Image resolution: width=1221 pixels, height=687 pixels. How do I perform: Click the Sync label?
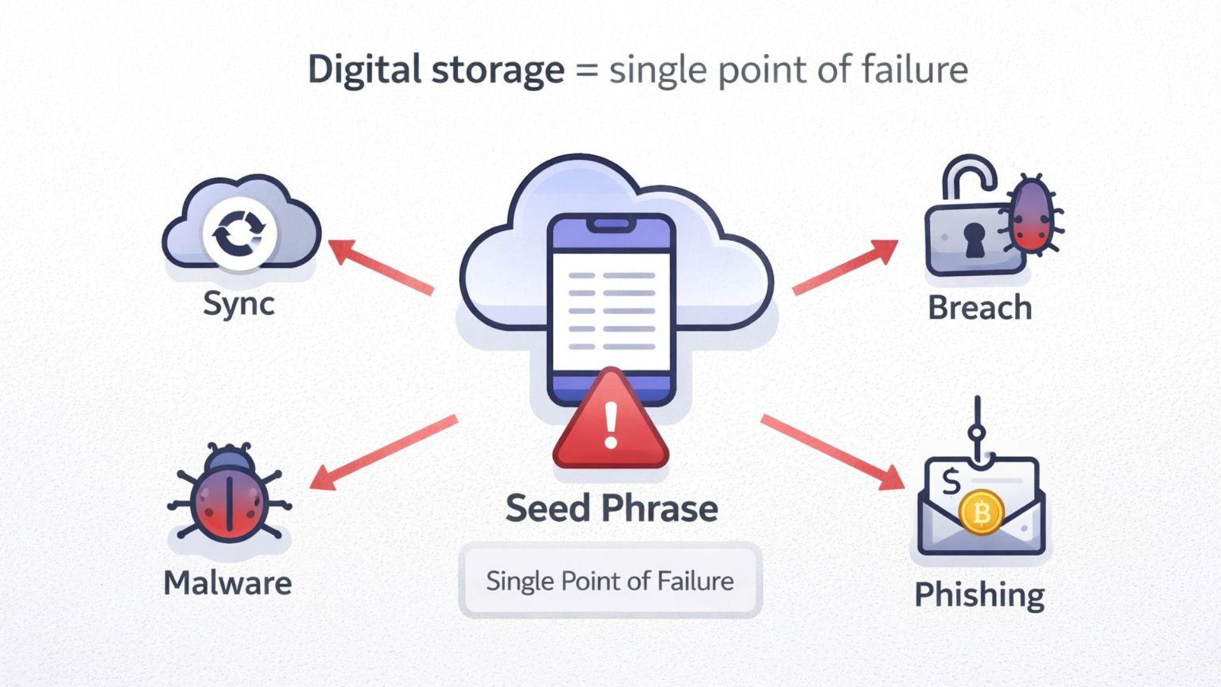[238, 304]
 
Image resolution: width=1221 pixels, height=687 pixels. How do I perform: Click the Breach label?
[979, 308]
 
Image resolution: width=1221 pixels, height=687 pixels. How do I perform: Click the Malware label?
[228, 583]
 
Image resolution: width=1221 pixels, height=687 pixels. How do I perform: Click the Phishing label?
[979, 595]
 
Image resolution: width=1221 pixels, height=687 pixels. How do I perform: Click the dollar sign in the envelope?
[951, 482]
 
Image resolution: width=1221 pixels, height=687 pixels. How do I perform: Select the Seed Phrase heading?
[612, 508]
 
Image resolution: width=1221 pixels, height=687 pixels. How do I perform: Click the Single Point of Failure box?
[610, 580]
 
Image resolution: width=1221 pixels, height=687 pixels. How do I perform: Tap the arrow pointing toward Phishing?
[833, 452]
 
